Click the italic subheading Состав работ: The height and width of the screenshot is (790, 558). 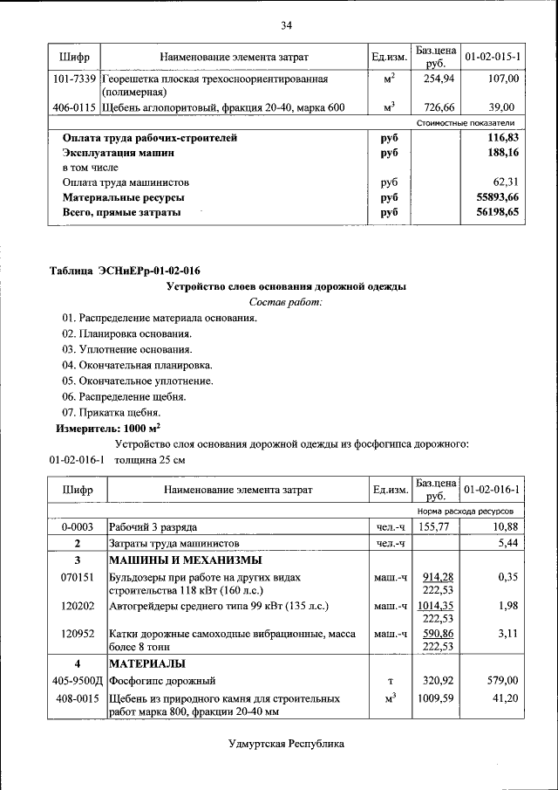tap(285, 302)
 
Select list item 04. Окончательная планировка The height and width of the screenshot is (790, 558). tap(137, 365)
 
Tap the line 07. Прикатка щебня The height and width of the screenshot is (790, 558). tap(111, 412)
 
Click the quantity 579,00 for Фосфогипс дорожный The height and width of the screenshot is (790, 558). tap(502, 680)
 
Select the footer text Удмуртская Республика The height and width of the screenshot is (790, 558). tap(286, 744)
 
